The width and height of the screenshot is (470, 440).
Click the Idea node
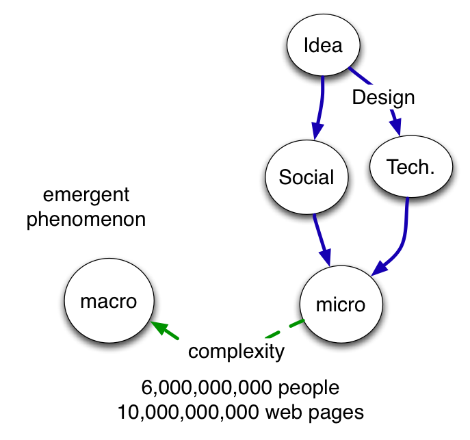click(323, 46)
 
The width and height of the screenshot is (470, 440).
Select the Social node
click(306, 178)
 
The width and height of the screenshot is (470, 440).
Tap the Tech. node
click(410, 167)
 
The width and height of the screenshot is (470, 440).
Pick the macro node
click(109, 301)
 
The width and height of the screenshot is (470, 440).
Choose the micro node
click(341, 305)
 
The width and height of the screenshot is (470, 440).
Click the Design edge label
click(383, 97)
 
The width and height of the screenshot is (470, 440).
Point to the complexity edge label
click(236, 352)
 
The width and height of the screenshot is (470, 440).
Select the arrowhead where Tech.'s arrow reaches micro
click(380, 268)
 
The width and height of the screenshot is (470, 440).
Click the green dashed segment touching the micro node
click(296, 323)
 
